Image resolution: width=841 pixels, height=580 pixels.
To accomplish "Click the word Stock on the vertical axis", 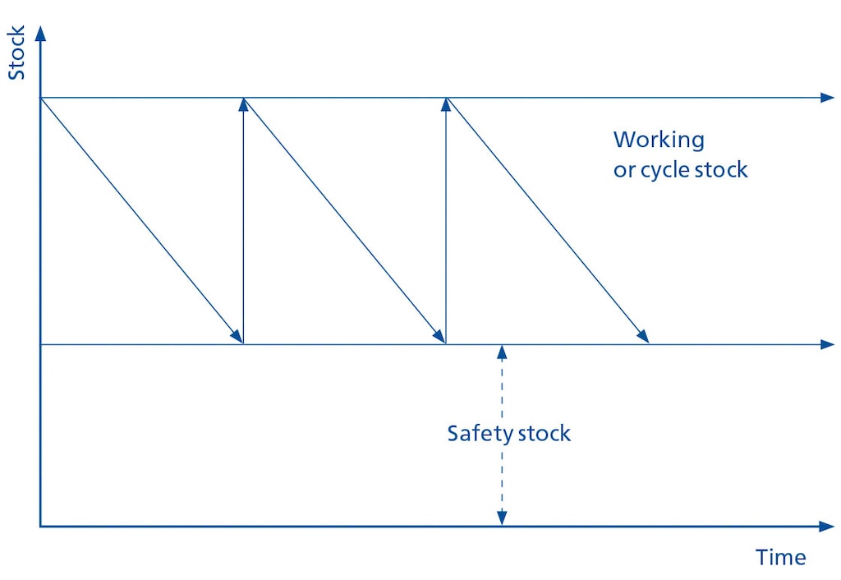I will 16,53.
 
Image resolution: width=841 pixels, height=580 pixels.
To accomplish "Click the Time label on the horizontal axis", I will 780,558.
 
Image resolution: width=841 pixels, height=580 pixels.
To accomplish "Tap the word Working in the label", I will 659,140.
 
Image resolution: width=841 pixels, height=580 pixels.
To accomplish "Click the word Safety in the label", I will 477,434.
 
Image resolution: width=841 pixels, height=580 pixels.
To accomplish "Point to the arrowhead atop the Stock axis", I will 40,34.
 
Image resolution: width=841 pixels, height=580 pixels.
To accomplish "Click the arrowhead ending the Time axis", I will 826,526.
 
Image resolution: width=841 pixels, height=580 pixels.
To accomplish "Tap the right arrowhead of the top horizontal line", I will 826,98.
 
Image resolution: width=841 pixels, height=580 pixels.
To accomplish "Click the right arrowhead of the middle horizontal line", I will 826,344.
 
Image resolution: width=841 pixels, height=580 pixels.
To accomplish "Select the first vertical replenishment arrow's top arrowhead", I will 243,104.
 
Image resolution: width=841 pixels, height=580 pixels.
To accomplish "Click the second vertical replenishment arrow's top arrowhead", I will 445,104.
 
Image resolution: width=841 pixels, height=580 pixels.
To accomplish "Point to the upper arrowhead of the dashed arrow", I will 502,352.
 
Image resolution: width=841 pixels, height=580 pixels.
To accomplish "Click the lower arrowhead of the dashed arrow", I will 502,518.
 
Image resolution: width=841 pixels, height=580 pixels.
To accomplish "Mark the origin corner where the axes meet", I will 40,526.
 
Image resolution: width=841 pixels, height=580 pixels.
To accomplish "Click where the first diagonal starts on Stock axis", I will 40,98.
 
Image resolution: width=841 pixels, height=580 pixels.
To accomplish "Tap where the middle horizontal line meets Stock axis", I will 40,344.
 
